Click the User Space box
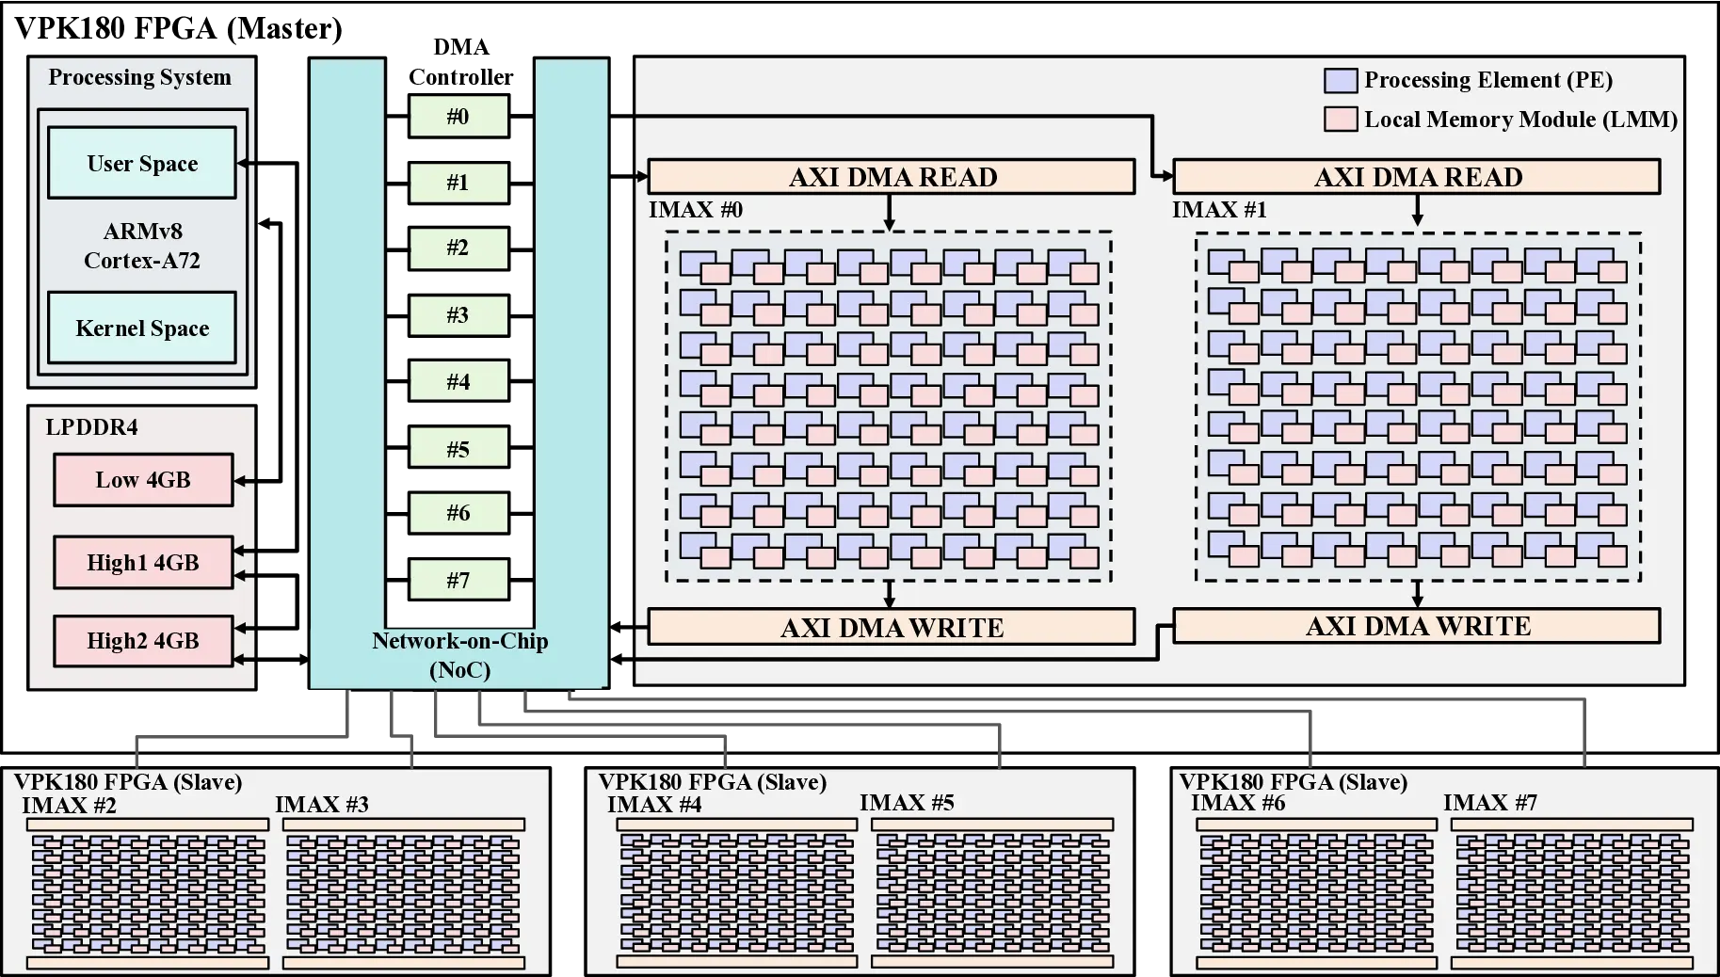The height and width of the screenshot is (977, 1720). click(x=142, y=164)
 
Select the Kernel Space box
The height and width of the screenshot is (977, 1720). click(x=142, y=328)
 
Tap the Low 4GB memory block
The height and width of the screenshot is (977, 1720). click(x=142, y=480)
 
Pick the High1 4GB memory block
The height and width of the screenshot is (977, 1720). click(x=142, y=563)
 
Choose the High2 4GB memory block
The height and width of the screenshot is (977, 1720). click(x=142, y=641)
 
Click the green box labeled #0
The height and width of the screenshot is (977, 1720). click(x=458, y=117)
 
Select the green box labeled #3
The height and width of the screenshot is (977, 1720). click(x=458, y=314)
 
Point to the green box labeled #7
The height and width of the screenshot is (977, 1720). click(x=458, y=580)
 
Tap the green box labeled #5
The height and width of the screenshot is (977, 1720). click(x=458, y=449)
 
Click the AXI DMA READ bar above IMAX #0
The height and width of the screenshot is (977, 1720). click(x=892, y=177)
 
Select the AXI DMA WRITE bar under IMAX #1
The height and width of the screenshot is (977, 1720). click(x=1417, y=626)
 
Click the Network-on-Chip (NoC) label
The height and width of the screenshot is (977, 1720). click(x=459, y=655)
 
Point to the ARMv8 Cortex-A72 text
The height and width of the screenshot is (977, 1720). click(x=142, y=246)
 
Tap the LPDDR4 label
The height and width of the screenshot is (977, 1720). click(x=91, y=427)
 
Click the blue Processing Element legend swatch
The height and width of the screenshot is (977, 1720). click(x=1341, y=81)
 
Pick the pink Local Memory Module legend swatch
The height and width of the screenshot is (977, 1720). click(x=1341, y=120)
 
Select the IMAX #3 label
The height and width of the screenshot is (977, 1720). click(x=322, y=805)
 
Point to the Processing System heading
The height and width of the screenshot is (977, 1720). click(x=139, y=77)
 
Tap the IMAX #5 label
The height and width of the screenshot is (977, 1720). click(x=907, y=803)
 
